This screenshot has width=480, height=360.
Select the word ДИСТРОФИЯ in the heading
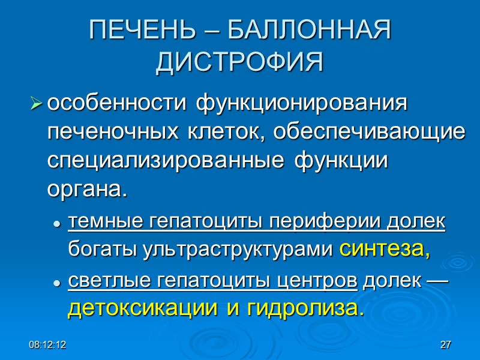pos(240,62)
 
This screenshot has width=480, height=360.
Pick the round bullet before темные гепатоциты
pos(57,224)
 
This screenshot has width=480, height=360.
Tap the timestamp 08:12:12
pos(49,345)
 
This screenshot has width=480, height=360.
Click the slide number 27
pos(445,345)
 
